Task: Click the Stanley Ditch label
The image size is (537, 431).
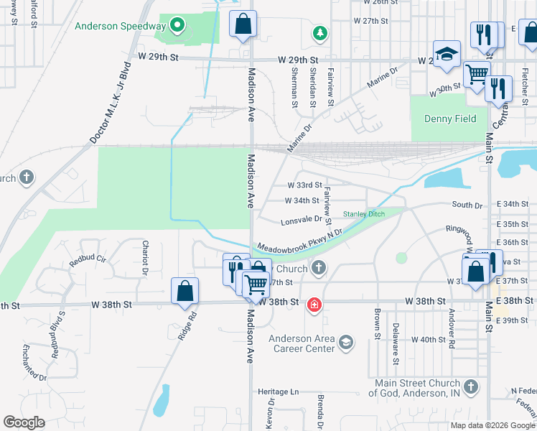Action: click(364, 214)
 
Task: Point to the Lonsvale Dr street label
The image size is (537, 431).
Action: click(302, 220)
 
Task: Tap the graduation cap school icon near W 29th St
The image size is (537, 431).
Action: click(447, 55)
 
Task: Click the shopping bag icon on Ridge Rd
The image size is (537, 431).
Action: click(185, 291)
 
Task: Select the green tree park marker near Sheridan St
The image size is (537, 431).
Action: click(319, 32)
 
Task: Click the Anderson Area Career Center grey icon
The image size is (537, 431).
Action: click(346, 341)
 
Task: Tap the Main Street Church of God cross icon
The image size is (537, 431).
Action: click(470, 388)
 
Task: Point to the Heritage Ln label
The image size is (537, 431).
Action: click(278, 392)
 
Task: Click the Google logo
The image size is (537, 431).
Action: click(24, 422)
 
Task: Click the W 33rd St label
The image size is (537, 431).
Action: click(304, 185)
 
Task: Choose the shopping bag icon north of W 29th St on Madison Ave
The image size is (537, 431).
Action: click(243, 23)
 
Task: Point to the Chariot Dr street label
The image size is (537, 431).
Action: click(145, 258)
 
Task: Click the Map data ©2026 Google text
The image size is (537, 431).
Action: click(492, 425)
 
